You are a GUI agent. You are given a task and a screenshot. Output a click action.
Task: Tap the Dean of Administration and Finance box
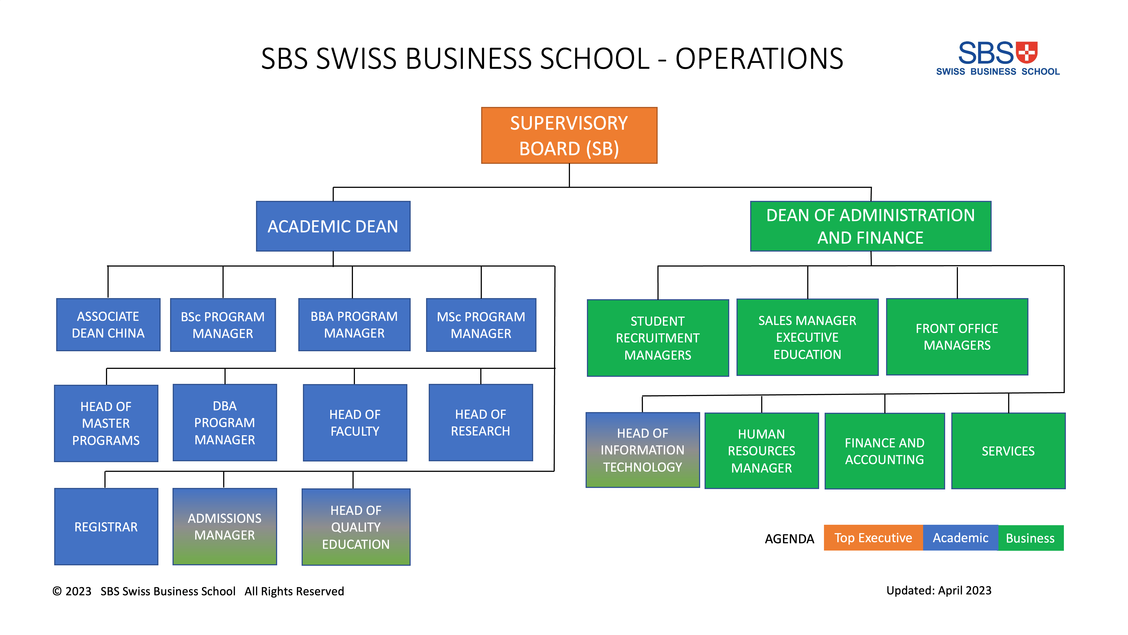pos(870,226)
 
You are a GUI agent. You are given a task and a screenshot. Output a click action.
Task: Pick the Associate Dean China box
pos(108,325)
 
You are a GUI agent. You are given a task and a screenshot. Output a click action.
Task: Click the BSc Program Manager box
pos(223,325)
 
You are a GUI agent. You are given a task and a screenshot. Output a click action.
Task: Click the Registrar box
pos(106,526)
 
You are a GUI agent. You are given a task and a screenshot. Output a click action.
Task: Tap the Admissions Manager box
pos(225,526)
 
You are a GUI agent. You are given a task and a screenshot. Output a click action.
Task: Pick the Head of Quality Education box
pos(356,527)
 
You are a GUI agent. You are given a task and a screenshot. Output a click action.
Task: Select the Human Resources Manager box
pos(761,450)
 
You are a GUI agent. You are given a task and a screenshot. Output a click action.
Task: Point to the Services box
pos(1008,450)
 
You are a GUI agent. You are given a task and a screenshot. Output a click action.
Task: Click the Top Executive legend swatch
pos(873,538)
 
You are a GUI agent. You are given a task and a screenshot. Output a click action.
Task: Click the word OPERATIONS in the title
pos(759,59)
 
